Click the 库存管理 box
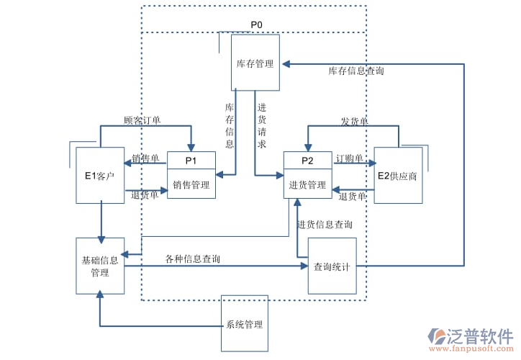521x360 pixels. click(x=255, y=63)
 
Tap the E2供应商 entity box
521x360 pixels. click(x=397, y=176)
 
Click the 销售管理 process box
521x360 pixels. click(x=191, y=184)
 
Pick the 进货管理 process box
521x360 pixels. click(x=307, y=184)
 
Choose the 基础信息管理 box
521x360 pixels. click(x=100, y=266)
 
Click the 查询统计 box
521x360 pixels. click(x=332, y=266)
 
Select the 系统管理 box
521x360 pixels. click(x=244, y=324)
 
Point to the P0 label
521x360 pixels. click(x=256, y=25)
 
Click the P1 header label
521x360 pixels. click(x=191, y=160)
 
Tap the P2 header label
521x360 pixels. click(x=307, y=160)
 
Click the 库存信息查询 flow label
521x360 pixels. click(x=356, y=71)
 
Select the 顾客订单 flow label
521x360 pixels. click(x=142, y=120)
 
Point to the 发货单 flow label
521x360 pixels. click(x=354, y=122)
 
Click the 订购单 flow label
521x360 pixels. click(x=349, y=158)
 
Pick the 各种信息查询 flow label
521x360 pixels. click(x=192, y=258)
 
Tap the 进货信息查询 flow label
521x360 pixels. click(x=325, y=225)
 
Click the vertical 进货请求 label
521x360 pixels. click(x=262, y=125)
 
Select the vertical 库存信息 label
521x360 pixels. click(x=230, y=125)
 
